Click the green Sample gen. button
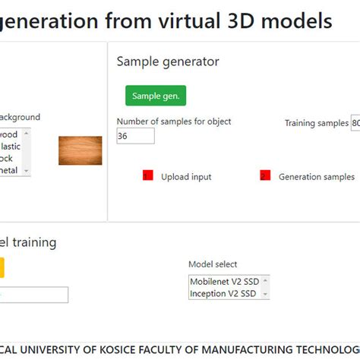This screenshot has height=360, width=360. pos(156,96)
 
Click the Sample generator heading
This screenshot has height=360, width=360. pos(167,62)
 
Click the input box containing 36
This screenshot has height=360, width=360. pos(135,136)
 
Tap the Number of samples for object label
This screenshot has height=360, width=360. pos(174,122)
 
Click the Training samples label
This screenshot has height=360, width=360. pos(316,123)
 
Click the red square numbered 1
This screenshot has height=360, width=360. pos(148,175)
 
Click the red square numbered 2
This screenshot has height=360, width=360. pos(265,175)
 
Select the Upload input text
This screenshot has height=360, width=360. pos(186,177)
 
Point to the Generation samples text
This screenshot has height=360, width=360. pos(316,177)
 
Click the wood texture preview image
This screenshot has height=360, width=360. pos(80,150)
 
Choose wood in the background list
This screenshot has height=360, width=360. pos(11,134)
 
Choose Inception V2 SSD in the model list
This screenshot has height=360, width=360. pos(223,294)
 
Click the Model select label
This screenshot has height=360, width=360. pos(213,264)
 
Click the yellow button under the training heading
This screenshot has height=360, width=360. pos(2,267)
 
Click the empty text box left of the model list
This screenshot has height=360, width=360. pos(34,295)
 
